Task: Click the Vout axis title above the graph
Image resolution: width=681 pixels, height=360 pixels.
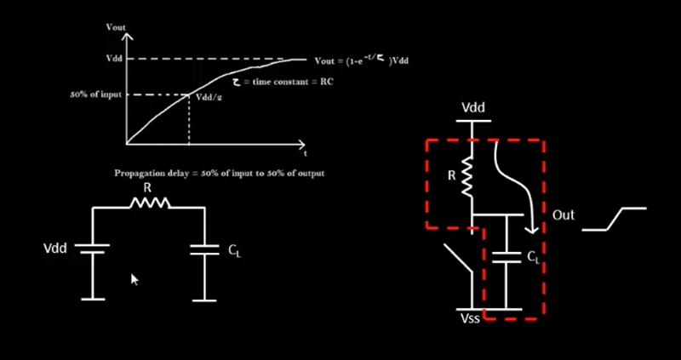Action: (116, 27)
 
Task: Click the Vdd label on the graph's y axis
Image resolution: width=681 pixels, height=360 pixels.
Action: (114, 59)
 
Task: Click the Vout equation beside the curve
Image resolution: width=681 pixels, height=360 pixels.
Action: (362, 60)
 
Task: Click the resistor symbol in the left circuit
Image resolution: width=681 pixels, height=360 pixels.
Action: (149, 203)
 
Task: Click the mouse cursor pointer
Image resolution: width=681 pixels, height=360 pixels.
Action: (134, 278)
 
